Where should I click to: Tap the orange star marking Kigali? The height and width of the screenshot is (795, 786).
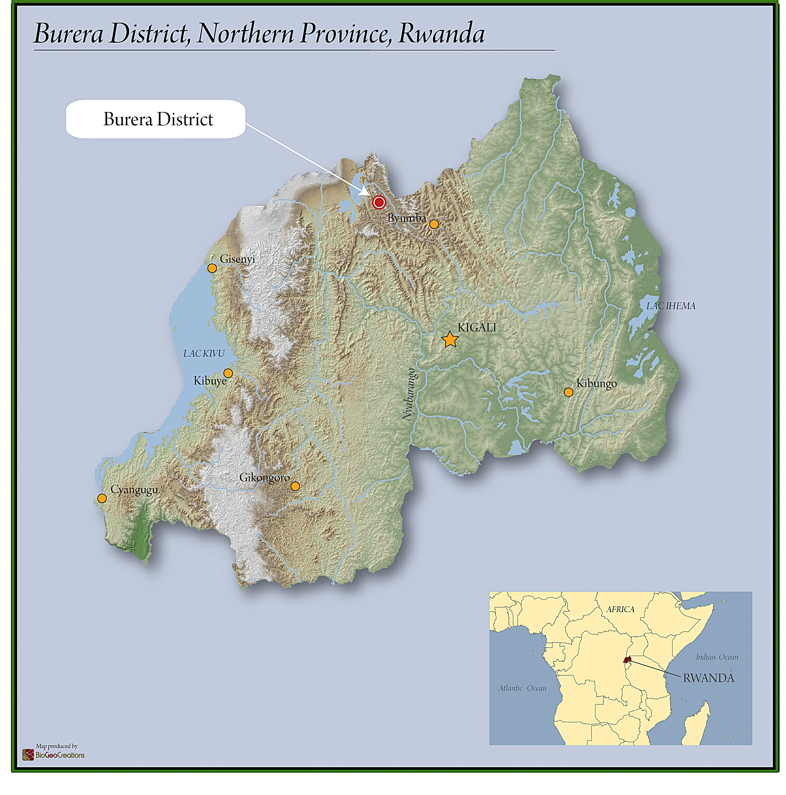(450, 340)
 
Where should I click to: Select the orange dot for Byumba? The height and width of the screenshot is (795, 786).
(434, 224)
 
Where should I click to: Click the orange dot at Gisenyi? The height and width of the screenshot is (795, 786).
(212, 268)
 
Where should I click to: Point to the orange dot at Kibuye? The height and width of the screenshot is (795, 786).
(228, 373)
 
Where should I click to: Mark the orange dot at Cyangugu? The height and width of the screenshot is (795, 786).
(102, 498)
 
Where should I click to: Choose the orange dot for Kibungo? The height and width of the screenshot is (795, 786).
(568, 392)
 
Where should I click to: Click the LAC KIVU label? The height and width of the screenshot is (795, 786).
(204, 353)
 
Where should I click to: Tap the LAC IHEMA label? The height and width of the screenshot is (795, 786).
(670, 306)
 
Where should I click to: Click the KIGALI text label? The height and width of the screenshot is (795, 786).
(477, 328)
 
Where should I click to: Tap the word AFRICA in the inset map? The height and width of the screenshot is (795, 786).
(620, 609)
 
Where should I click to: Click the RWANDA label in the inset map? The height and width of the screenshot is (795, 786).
(708, 678)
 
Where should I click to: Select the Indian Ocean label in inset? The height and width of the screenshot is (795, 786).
(716, 657)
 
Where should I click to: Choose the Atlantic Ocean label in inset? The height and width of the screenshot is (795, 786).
(522, 688)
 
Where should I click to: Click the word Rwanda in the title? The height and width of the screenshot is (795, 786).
(441, 33)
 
